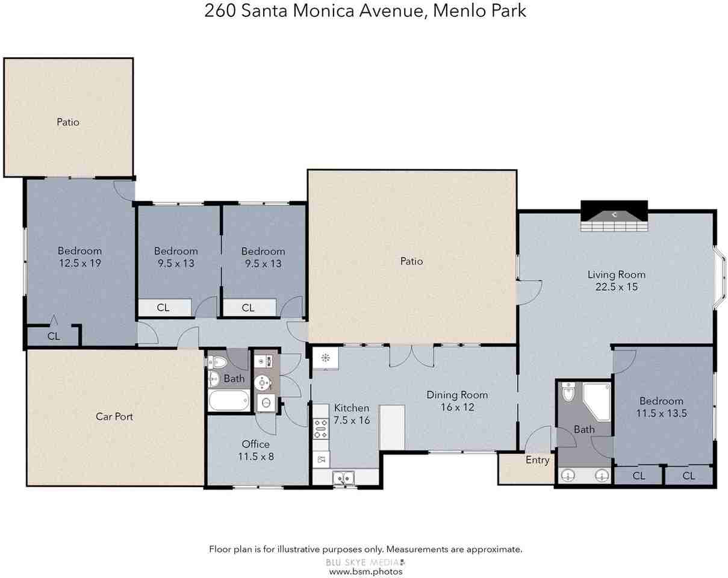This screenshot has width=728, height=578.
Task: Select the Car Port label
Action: click(x=114, y=416)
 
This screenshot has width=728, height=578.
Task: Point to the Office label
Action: click(x=256, y=444)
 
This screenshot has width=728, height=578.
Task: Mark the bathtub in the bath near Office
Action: click(x=229, y=400)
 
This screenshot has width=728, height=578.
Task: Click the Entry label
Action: click(x=537, y=460)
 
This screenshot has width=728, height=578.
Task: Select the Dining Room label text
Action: click(x=457, y=395)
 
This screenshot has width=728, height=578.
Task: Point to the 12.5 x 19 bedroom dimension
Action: click(x=79, y=263)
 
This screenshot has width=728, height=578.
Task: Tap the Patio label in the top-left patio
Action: click(x=68, y=122)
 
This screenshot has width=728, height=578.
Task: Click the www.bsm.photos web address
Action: click(x=365, y=571)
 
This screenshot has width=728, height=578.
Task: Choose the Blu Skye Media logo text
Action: click(x=361, y=562)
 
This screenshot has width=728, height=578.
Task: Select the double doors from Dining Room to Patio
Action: click(x=411, y=356)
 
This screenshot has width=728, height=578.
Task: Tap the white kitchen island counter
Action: click(x=391, y=427)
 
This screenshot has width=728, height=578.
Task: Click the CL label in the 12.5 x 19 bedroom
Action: click(x=54, y=337)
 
